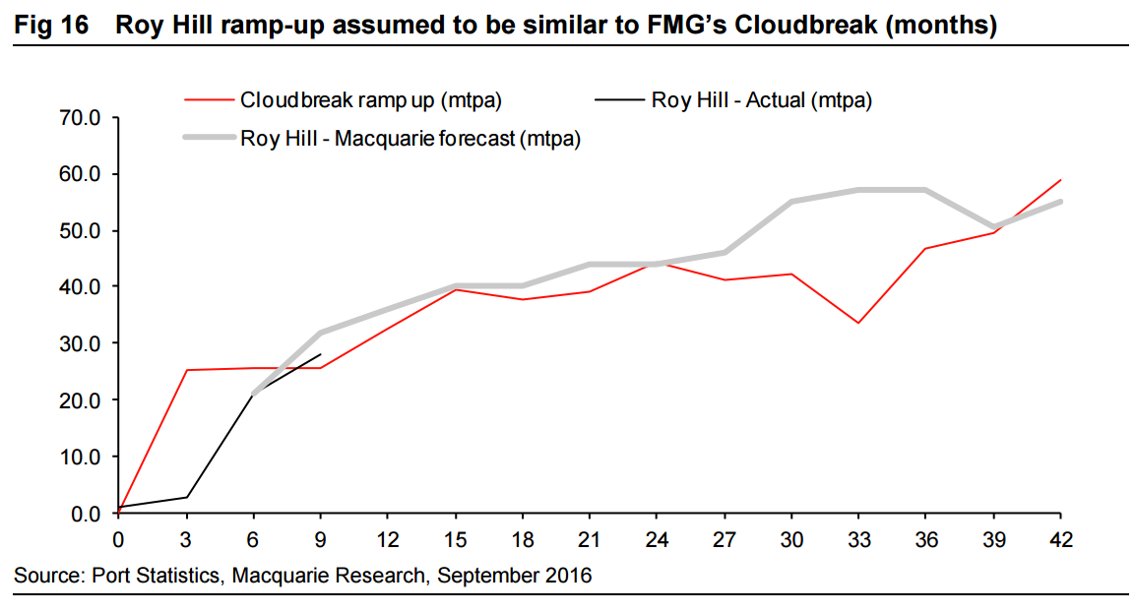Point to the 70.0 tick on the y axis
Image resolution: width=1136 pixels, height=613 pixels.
click(82, 118)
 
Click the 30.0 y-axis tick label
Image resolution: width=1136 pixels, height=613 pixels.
click(82, 343)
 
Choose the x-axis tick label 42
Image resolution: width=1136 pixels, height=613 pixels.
click(1059, 540)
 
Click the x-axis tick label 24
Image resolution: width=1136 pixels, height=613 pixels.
click(657, 540)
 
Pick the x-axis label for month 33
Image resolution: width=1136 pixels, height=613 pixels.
click(858, 540)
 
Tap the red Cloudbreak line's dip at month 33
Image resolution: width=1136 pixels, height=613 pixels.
click(858, 323)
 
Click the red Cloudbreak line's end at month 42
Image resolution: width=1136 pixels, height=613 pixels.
click(1059, 180)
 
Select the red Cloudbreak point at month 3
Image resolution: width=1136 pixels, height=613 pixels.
click(186, 370)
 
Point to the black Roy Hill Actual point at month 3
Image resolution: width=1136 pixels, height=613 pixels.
click(186, 497)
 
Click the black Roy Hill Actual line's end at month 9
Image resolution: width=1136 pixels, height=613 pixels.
click(321, 354)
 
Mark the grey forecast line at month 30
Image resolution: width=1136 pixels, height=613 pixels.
click(790, 202)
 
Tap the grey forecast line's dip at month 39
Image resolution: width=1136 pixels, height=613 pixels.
click(992, 227)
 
